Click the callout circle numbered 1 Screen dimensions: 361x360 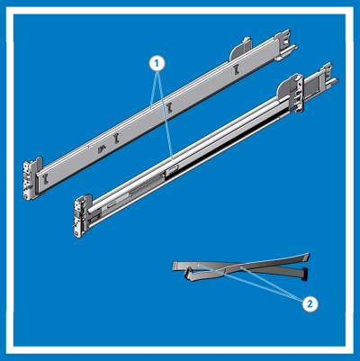click(x=157, y=62)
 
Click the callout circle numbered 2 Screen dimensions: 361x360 click(x=310, y=303)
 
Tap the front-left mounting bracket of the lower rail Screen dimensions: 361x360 click(x=79, y=217)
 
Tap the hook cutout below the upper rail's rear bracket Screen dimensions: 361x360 click(x=235, y=68)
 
